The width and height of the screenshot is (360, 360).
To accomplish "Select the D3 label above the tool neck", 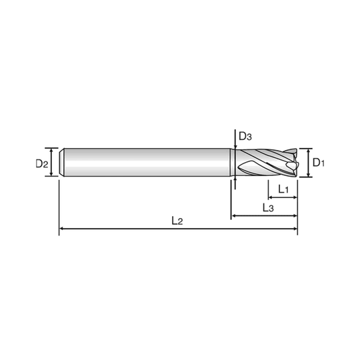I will (245, 137).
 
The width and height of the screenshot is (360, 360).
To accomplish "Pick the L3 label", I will (270, 207).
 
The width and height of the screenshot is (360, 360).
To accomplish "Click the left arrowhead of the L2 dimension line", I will (62, 229).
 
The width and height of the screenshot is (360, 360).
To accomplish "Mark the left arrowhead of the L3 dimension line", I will (233, 215).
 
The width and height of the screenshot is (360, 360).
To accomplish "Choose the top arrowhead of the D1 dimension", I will (308, 151).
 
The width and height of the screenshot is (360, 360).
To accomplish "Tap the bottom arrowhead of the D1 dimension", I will (308, 173).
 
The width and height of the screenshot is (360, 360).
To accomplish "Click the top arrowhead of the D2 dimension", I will (52, 149).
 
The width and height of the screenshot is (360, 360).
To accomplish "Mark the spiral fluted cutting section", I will (263, 162).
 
